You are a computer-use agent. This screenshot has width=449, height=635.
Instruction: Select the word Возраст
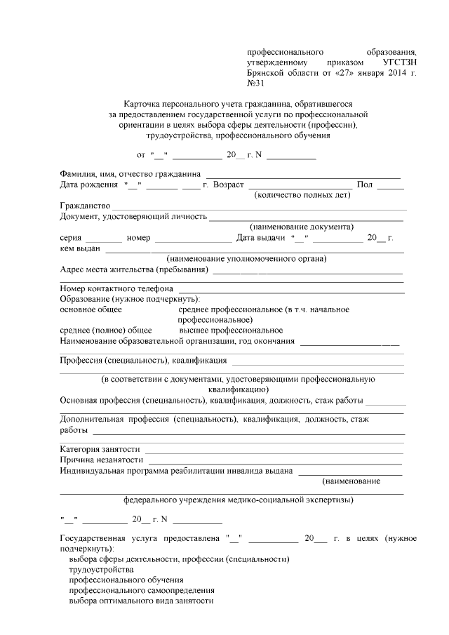pyautogui.click(x=227, y=185)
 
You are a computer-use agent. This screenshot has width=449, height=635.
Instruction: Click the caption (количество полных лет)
pyautogui.click(x=302, y=195)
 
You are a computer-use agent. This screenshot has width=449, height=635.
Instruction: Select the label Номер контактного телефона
pyautogui.click(x=116, y=288)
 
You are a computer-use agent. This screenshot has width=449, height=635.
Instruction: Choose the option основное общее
pyautogui.click(x=91, y=309)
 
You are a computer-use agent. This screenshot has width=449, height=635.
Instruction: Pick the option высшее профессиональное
pyautogui.click(x=231, y=330)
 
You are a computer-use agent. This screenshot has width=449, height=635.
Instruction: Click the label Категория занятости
pyautogui.click(x=100, y=449)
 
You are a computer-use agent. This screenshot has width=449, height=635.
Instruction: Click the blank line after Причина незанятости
pyautogui.click(x=274, y=460)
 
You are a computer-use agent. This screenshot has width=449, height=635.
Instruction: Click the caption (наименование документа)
pyautogui.click(x=302, y=227)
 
